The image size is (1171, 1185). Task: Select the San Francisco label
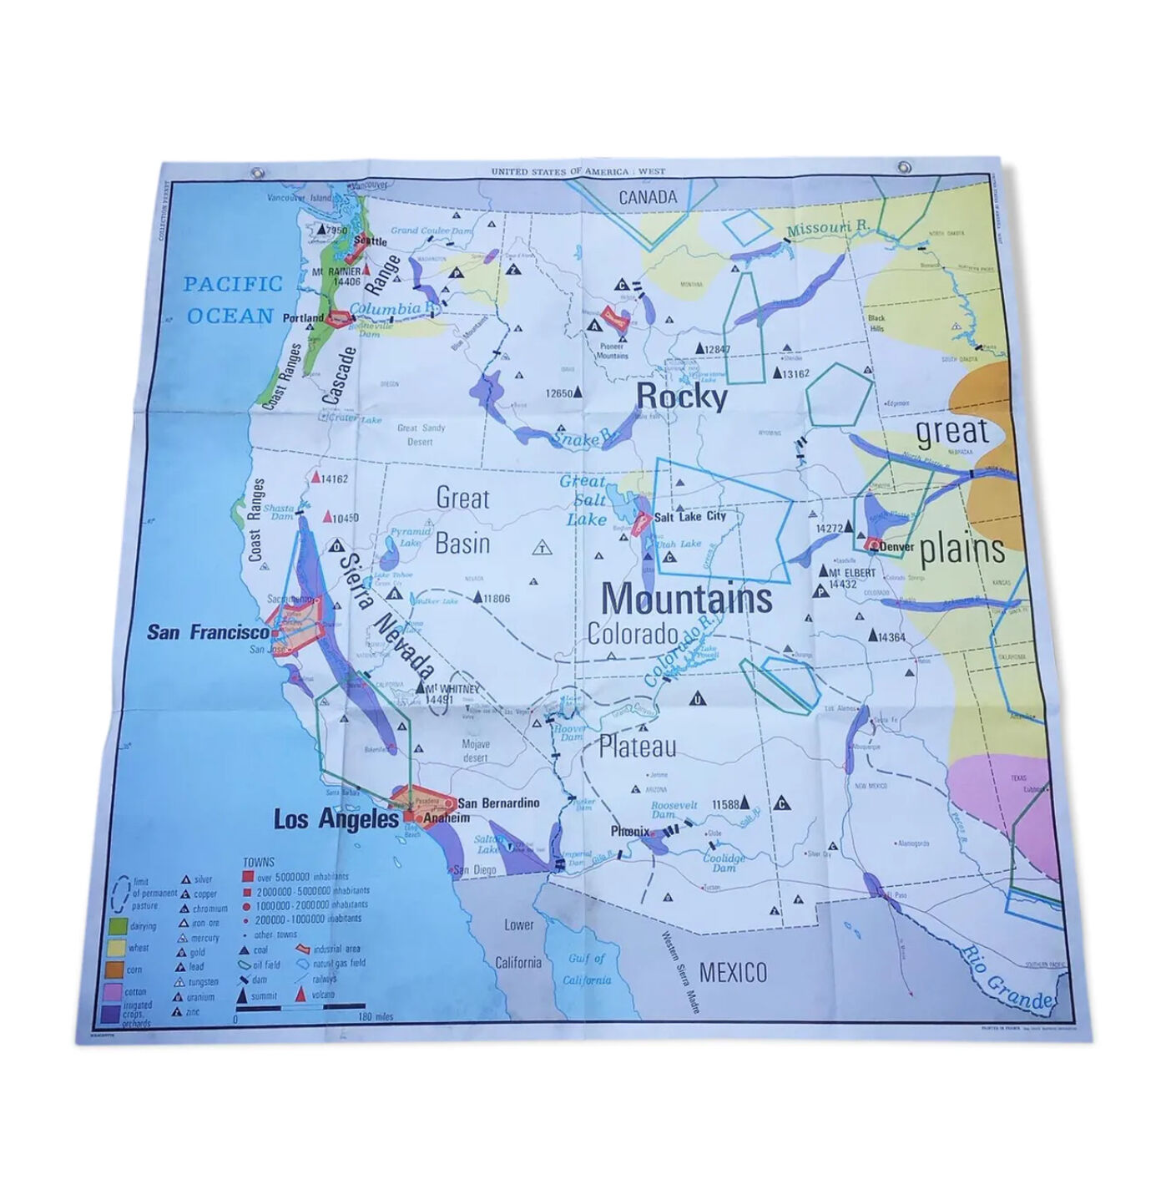click(x=208, y=632)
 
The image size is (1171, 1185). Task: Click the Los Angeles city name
click(x=336, y=819)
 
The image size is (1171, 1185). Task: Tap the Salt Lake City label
click(x=690, y=516)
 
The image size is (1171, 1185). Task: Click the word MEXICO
click(x=732, y=972)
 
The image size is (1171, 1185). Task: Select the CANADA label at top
click(x=648, y=197)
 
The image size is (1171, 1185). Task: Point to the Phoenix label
click(x=630, y=831)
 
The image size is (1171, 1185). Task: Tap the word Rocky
click(x=682, y=398)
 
